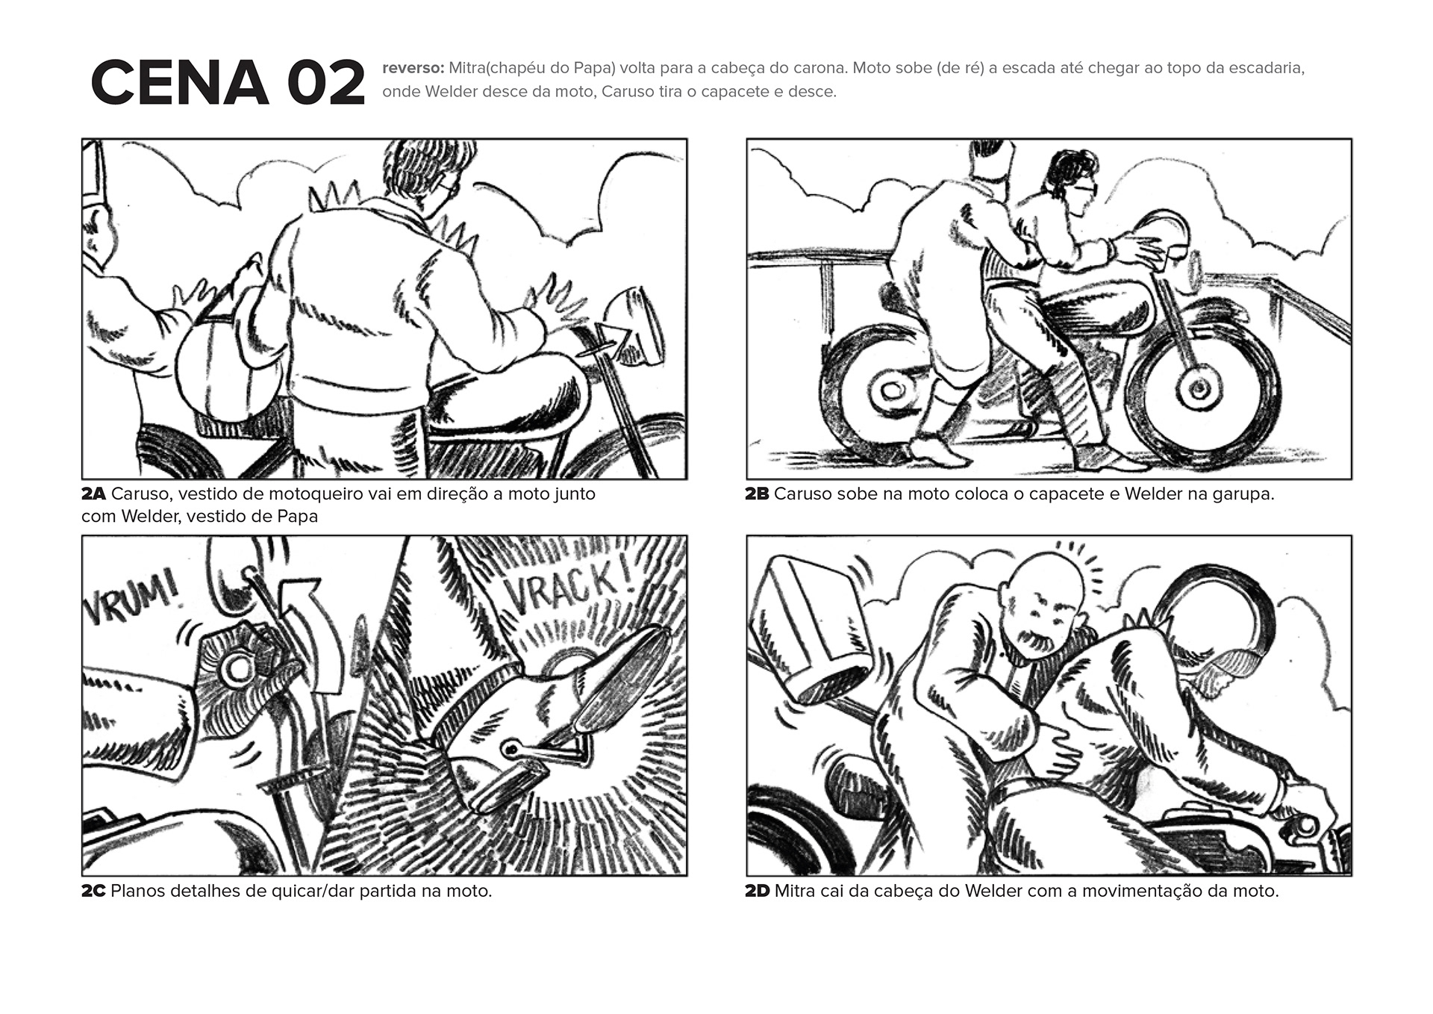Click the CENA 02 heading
[228, 83]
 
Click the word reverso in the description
[413, 68]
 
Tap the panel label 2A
[94, 494]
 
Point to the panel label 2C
[94, 891]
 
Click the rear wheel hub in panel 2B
[890, 390]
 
